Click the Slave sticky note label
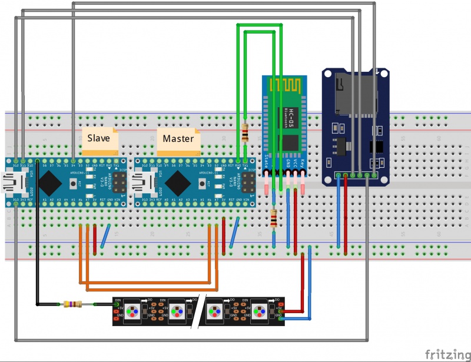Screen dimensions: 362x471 [98, 139]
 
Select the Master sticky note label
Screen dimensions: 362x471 [178, 139]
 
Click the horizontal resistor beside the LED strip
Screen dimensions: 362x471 [73, 304]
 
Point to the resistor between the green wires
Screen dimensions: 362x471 [245, 134]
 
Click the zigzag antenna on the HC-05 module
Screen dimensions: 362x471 [285, 86]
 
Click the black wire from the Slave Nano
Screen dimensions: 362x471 [37, 235]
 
